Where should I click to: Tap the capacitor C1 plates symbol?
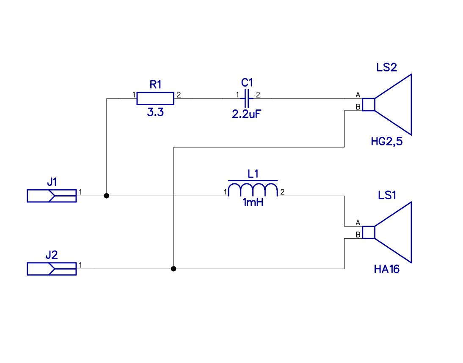[247, 98]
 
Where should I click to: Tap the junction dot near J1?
[107, 196]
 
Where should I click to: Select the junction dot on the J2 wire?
[174, 269]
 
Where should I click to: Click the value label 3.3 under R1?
[155, 112]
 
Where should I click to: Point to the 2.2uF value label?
[247, 114]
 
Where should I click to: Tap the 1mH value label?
[253, 202]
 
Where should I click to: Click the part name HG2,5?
[387, 142]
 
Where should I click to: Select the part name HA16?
[386, 269]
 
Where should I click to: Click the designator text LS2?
[386, 68]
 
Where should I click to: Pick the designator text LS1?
[387, 195]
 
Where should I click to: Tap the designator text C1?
[247, 82]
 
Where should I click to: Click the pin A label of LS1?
[358, 223]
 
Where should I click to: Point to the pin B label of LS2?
[358, 107]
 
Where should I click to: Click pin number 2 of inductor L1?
[282, 192]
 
